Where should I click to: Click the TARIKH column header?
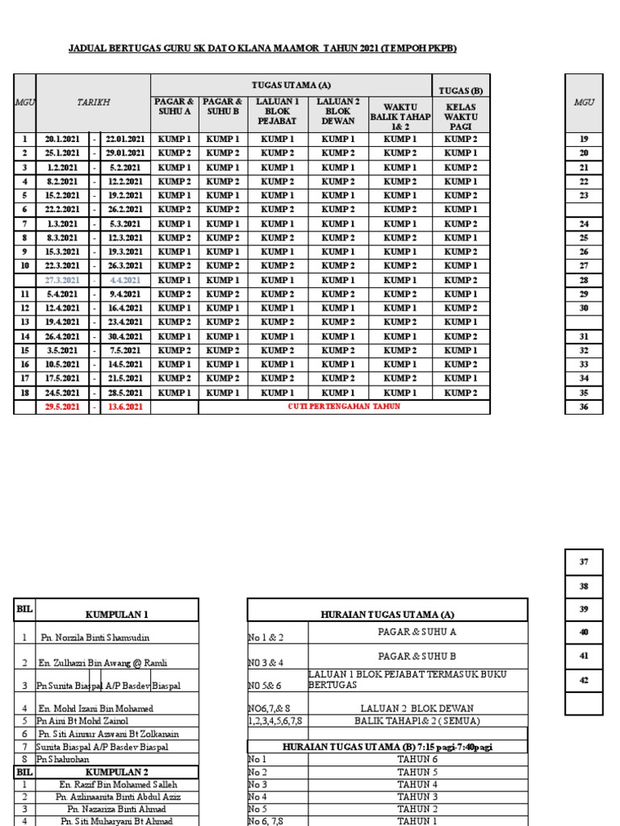[93, 102]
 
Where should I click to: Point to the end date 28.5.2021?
[125, 393]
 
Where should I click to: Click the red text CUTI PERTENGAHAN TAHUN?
[344, 407]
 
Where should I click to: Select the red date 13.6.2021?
[125, 407]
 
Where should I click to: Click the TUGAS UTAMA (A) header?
[291, 85]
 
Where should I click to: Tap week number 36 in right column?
[584, 407]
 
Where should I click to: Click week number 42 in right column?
[584, 680]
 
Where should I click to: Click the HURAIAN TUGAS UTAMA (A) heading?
[387, 614]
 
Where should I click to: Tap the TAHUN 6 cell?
[417, 759]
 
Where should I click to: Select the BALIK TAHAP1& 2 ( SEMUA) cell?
[417, 720]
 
